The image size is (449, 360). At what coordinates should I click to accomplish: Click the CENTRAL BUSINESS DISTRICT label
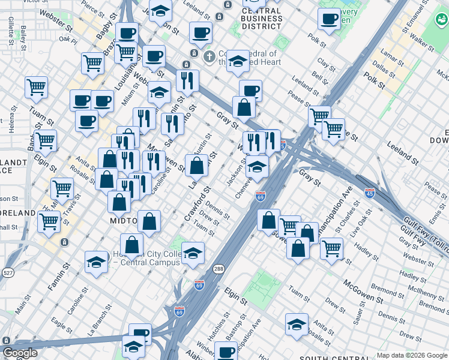[262, 18]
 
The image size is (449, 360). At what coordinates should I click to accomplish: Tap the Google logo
[20, 353]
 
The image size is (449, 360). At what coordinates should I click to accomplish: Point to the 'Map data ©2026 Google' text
[412, 355]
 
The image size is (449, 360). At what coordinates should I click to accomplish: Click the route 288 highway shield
[218, 269]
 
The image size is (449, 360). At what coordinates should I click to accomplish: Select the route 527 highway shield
[8, 273]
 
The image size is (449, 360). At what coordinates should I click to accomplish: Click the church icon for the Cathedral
[209, 57]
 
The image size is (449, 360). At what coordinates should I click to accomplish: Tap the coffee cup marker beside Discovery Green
[329, 20]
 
